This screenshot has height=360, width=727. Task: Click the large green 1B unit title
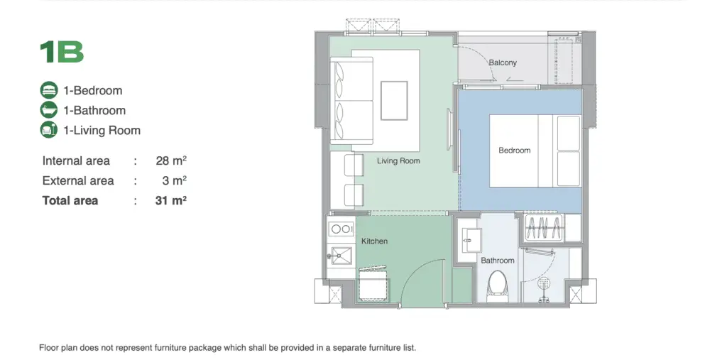pyautogui.click(x=62, y=52)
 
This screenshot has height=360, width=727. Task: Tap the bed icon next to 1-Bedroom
pyautogui.click(x=49, y=90)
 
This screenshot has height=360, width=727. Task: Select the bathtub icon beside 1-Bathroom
pyautogui.click(x=49, y=110)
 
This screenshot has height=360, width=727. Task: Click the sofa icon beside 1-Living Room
pyautogui.click(x=49, y=130)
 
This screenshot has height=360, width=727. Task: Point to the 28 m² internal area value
pyautogui.click(x=171, y=160)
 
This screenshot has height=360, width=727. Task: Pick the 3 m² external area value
pyautogui.click(x=176, y=180)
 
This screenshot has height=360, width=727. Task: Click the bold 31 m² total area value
pyautogui.click(x=171, y=200)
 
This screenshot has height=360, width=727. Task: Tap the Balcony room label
pyautogui.click(x=503, y=62)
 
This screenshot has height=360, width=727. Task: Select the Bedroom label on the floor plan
pyautogui.click(x=514, y=151)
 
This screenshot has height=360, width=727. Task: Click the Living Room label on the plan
pyautogui.click(x=398, y=161)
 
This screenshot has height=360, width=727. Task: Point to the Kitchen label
pyautogui.click(x=374, y=241)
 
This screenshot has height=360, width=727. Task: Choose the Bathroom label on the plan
pyautogui.click(x=498, y=261)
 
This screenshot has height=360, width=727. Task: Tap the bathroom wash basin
pyautogui.click(x=469, y=240)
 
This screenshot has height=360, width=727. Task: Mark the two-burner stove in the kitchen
pyautogui.click(x=341, y=229)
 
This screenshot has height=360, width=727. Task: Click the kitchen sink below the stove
pyautogui.click(x=341, y=256)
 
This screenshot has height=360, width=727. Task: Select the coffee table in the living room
pyautogui.click(x=394, y=101)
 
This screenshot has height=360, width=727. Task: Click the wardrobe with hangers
pyautogui.click(x=543, y=228)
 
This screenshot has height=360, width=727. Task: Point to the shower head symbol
pyautogui.click(x=543, y=283)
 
